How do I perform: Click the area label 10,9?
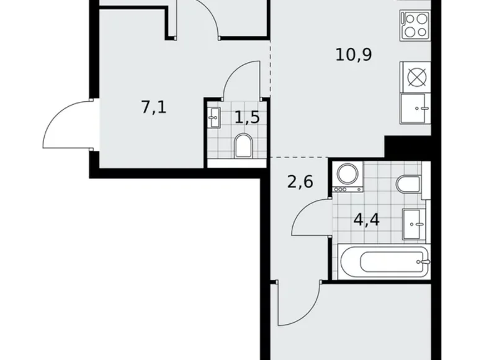click(x=353, y=55)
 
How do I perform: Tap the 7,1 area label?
click(x=155, y=107)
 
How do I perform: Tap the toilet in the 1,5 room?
click(x=243, y=146)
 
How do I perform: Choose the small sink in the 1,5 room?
click(x=215, y=117)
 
